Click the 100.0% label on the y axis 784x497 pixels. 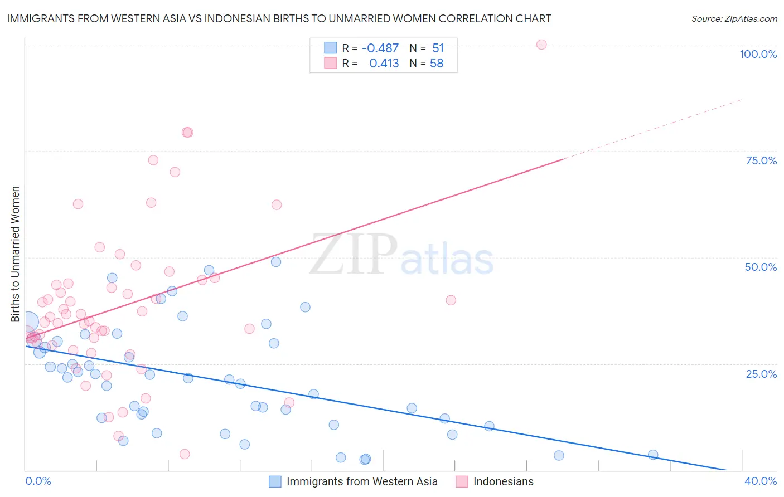(x=758, y=54)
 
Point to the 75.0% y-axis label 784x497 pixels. (x=761, y=160)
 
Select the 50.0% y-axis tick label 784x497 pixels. (x=761, y=267)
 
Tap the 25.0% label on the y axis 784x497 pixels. (x=761, y=374)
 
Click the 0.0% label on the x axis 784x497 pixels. (x=38, y=481)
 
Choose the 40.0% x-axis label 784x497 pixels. (x=761, y=481)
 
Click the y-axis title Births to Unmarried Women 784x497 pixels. (x=15, y=254)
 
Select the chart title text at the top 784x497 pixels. (x=279, y=18)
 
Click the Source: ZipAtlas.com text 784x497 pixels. (x=734, y=18)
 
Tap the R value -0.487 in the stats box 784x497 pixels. (x=380, y=48)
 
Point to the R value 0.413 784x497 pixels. (x=384, y=64)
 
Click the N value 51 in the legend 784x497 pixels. (x=438, y=48)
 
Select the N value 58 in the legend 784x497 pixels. (x=437, y=64)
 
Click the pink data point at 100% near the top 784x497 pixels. (x=541, y=45)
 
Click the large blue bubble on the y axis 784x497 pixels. (x=28, y=321)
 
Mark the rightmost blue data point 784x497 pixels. (x=653, y=455)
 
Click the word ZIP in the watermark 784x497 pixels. (x=354, y=254)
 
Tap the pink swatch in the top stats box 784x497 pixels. (x=331, y=63)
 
